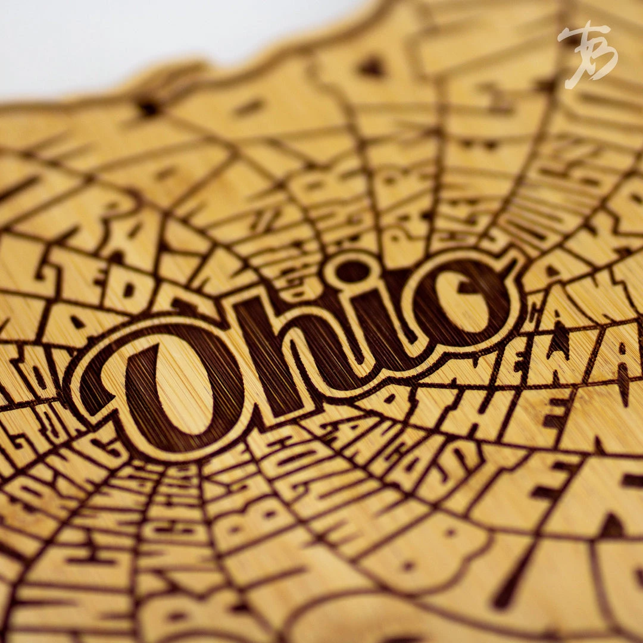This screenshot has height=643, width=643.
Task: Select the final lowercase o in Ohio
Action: (461, 298)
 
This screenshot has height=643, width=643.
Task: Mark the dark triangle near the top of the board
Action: (372, 66)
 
